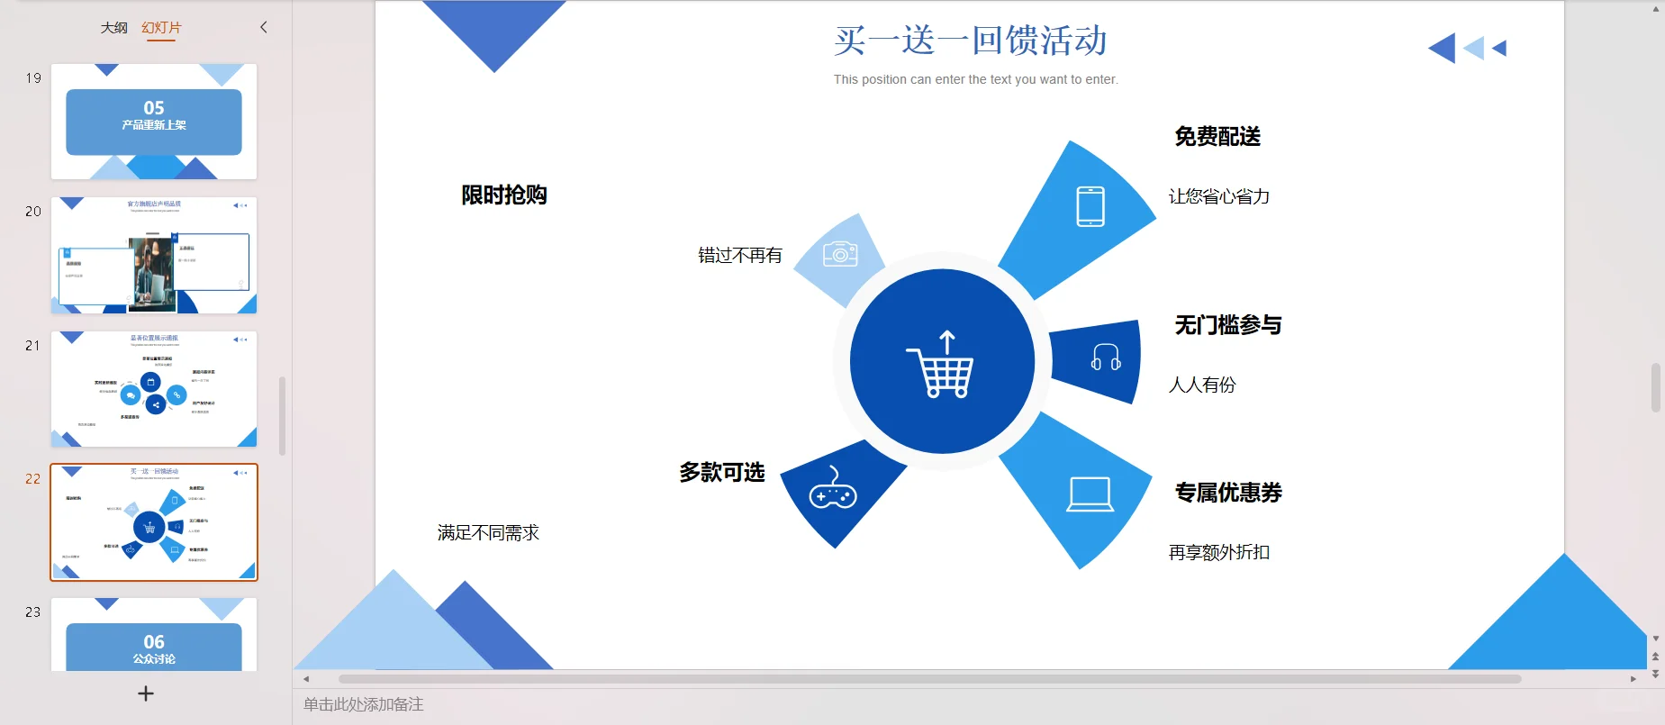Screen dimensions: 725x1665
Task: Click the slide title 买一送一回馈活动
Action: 970,41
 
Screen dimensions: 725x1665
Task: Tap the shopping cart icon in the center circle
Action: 941,364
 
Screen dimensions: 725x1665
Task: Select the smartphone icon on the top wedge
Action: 1090,206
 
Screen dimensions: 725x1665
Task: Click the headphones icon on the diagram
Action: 1105,358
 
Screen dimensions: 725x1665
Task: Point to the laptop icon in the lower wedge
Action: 1090,494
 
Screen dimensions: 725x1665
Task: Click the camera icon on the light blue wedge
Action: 840,254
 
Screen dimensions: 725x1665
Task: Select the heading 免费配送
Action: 1217,137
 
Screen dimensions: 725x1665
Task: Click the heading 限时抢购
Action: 503,195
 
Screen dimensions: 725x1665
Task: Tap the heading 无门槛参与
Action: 1227,325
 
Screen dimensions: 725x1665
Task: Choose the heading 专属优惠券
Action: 1227,493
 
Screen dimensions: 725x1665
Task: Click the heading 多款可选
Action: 721,473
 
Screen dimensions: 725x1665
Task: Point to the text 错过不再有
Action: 739,256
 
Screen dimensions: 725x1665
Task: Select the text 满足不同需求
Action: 488,533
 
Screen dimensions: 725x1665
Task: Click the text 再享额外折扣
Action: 1218,553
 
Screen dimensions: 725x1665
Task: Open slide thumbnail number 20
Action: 154,255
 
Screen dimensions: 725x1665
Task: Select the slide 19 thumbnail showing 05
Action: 154,122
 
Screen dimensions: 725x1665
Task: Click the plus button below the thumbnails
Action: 146,693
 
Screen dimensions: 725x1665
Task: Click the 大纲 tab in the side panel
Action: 113,28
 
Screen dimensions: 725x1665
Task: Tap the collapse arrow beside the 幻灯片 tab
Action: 264,27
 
